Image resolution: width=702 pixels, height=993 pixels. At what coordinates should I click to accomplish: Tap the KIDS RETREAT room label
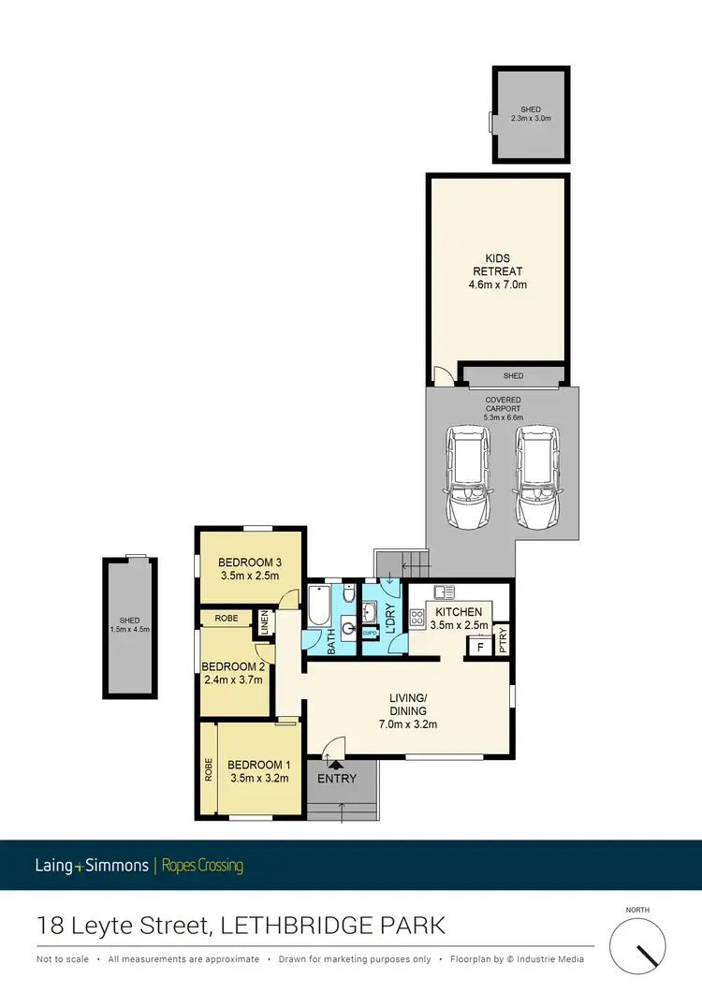tap(498, 271)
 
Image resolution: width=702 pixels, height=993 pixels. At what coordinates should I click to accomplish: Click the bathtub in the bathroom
tap(316, 610)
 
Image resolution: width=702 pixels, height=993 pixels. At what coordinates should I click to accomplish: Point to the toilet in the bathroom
tap(348, 596)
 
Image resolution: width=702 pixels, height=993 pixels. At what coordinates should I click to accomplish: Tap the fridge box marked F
tap(481, 646)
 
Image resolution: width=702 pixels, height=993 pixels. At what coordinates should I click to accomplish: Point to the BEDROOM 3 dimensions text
tap(249, 576)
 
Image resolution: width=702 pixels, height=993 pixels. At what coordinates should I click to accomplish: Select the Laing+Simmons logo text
tap(93, 866)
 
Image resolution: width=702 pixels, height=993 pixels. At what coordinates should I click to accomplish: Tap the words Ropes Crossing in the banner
tap(202, 866)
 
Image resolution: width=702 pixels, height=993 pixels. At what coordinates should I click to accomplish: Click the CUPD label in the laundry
tap(370, 634)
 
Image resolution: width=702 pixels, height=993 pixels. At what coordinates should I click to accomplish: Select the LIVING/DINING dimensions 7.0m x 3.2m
tap(408, 723)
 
